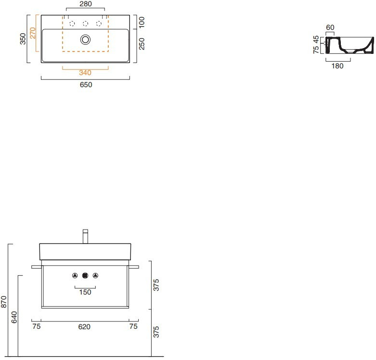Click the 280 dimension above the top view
(x=86, y=4)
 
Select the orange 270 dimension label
(x=33, y=33)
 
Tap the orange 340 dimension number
(x=85, y=73)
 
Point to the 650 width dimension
(x=86, y=85)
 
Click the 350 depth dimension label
(x=23, y=39)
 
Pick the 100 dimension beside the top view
(x=142, y=22)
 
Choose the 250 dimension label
(x=142, y=44)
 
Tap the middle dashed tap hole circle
(x=85, y=24)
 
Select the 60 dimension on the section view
(x=330, y=27)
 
